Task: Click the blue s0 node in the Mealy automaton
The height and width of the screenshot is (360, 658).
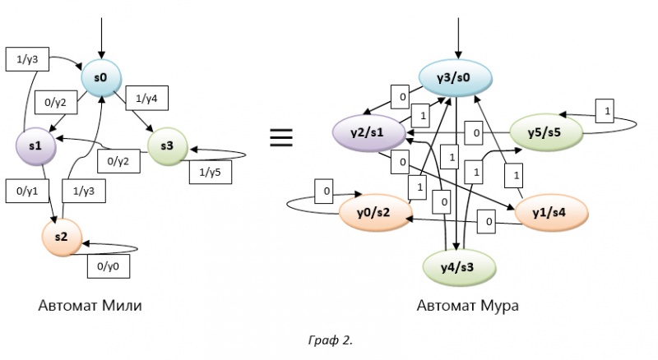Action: (x=101, y=79)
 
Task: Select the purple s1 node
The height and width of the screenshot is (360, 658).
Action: (x=35, y=145)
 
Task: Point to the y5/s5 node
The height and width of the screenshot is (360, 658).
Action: (x=544, y=132)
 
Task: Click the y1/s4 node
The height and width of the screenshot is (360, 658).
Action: (x=548, y=212)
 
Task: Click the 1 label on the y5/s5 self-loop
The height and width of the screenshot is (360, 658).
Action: (x=606, y=110)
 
